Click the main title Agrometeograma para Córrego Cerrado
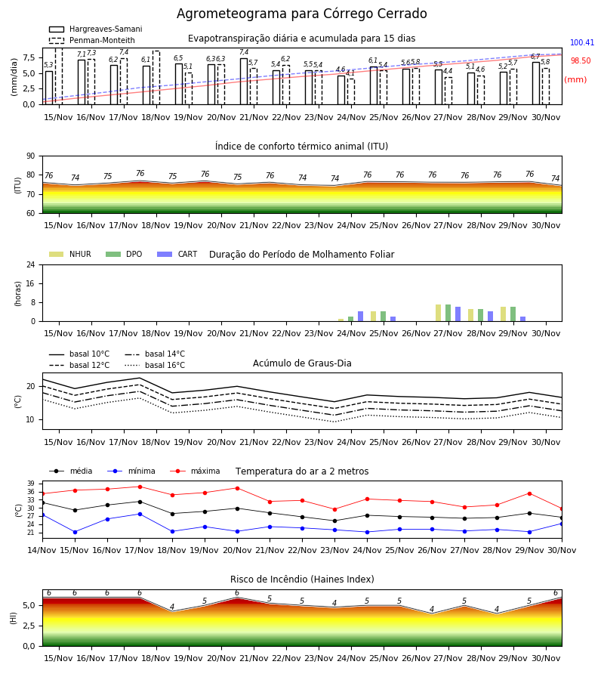click(301, 14)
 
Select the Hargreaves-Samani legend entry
click(95, 29)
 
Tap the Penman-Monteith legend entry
click(92, 40)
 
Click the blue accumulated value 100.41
click(582, 42)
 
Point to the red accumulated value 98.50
click(581, 60)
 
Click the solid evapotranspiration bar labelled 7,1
click(82, 82)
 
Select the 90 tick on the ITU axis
click(31, 156)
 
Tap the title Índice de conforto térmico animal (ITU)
click(301, 146)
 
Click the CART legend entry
click(177, 254)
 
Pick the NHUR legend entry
click(70, 254)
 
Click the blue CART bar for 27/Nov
click(458, 314)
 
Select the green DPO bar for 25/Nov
click(383, 316)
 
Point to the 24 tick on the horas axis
click(31, 264)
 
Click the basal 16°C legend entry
click(155, 365)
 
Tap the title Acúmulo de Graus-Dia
click(302, 363)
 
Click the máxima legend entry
click(195, 471)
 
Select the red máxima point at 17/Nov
click(140, 487)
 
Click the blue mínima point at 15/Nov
click(75, 532)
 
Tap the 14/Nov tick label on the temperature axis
click(42, 550)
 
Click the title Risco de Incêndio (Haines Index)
click(302, 579)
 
